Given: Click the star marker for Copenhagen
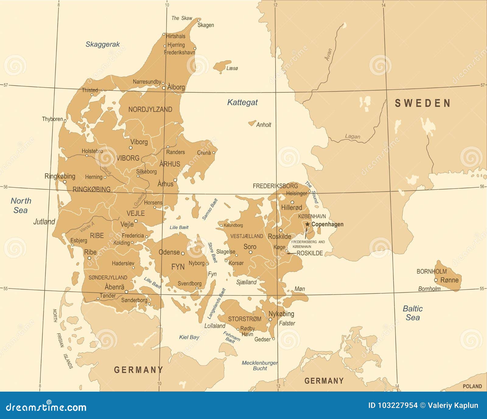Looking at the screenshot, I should tap(307, 224).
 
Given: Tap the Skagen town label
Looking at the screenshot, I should tap(206, 25).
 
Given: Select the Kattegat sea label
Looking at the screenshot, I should tap(242, 103).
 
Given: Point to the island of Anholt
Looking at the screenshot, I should tap(252, 123).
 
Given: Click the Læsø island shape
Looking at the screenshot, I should tap(222, 66).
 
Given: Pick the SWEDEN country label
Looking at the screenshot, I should tap(422, 103).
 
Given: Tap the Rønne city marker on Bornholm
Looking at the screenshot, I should tap(436, 280).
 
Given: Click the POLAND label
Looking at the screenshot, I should tap(472, 386).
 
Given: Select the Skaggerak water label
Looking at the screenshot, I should tap(103, 44).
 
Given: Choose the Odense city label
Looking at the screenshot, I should tap(169, 252).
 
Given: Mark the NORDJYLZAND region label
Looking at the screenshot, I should tap(150, 110).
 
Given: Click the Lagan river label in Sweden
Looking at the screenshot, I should tap(352, 137).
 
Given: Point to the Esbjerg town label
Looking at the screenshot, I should tap(79, 240).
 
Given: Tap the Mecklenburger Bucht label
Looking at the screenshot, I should tap(260, 365).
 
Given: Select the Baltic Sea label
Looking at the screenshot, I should tap(412, 313).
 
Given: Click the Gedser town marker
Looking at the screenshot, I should tap(273, 339).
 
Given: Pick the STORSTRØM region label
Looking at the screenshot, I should tap(245, 319).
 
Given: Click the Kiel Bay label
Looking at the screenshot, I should tap(189, 337).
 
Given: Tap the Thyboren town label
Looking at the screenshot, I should tap(52, 119).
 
